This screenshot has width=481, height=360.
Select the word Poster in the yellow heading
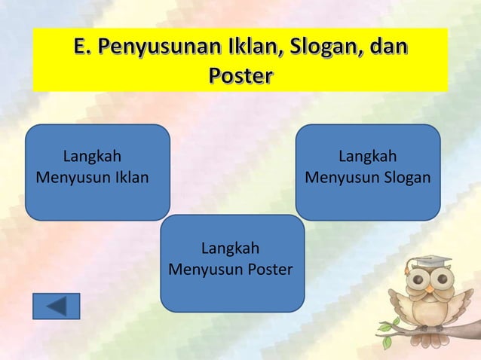coord(240,77)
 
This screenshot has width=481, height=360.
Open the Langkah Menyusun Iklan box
coord(97,172)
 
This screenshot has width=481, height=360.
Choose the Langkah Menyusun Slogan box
coord(368,172)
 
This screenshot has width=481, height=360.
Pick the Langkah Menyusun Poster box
coord(232,263)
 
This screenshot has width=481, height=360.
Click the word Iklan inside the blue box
coord(130,179)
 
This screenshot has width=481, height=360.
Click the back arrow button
coord(57,306)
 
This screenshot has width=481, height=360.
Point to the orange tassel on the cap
coord(409,268)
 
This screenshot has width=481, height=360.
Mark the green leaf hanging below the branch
coord(387,342)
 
